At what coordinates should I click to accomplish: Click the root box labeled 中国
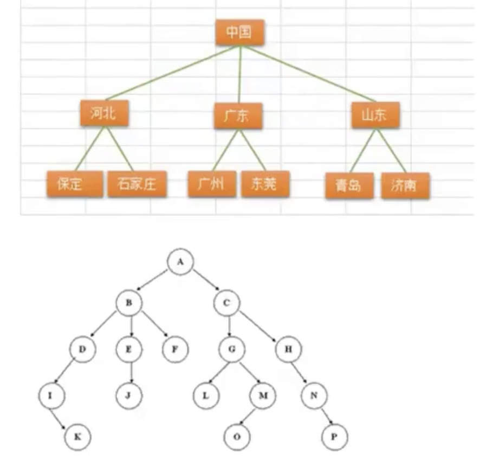tap(239, 32)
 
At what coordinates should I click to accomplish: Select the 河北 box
tap(104, 113)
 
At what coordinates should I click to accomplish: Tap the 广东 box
tap(238, 116)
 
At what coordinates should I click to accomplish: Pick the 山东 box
tap(376, 115)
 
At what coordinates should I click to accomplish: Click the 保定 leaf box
tap(74, 184)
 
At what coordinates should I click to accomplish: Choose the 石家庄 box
tap(137, 184)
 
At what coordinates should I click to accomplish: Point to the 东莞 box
tap(265, 184)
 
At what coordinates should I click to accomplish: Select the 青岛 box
tap(349, 186)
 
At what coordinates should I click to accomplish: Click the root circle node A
tap(180, 262)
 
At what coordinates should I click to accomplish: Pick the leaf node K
tap(77, 436)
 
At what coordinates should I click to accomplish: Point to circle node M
tap(263, 394)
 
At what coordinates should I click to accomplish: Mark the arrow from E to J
tap(130, 372)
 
